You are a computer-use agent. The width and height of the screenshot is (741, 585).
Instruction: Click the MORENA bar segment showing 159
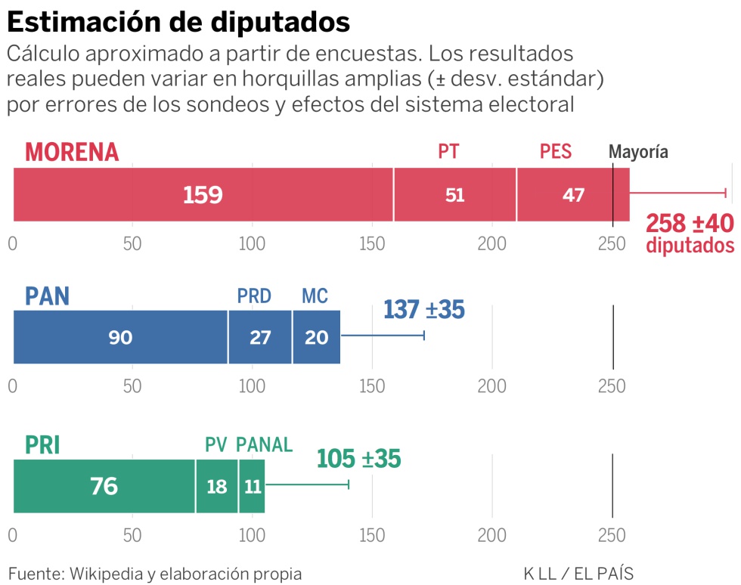(203, 195)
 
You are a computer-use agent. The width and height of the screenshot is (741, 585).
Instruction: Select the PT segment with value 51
(454, 195)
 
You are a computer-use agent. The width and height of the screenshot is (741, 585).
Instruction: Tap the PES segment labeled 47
(573, 195)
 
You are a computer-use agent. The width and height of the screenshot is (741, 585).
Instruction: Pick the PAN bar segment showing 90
(120, 337)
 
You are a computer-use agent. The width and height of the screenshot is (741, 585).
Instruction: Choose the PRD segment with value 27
(260, 337)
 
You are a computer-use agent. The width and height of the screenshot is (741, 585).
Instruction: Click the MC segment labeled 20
(316, 337)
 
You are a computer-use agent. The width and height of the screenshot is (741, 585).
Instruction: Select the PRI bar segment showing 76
(104, 486)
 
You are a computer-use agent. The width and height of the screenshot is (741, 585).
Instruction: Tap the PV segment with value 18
(217, 486)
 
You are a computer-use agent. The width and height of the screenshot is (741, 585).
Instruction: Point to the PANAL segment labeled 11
(252, 486)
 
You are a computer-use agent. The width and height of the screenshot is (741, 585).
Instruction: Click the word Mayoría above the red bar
(639, 152)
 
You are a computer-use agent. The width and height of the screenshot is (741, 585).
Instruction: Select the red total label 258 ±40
(690, 224)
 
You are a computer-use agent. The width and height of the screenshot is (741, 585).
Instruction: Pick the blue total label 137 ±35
(423, 309)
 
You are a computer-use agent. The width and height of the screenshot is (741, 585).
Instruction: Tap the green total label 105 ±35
(358, 459)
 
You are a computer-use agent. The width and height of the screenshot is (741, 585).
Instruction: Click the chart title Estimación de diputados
(178, 22)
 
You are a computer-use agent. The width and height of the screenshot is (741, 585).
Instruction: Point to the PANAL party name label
(264, 445)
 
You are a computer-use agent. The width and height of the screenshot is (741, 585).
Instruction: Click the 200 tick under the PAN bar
(491, 386)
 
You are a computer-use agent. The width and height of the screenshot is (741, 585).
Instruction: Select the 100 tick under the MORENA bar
(252, 244)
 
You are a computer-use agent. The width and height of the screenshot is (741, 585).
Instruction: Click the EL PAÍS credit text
(603, 574)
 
